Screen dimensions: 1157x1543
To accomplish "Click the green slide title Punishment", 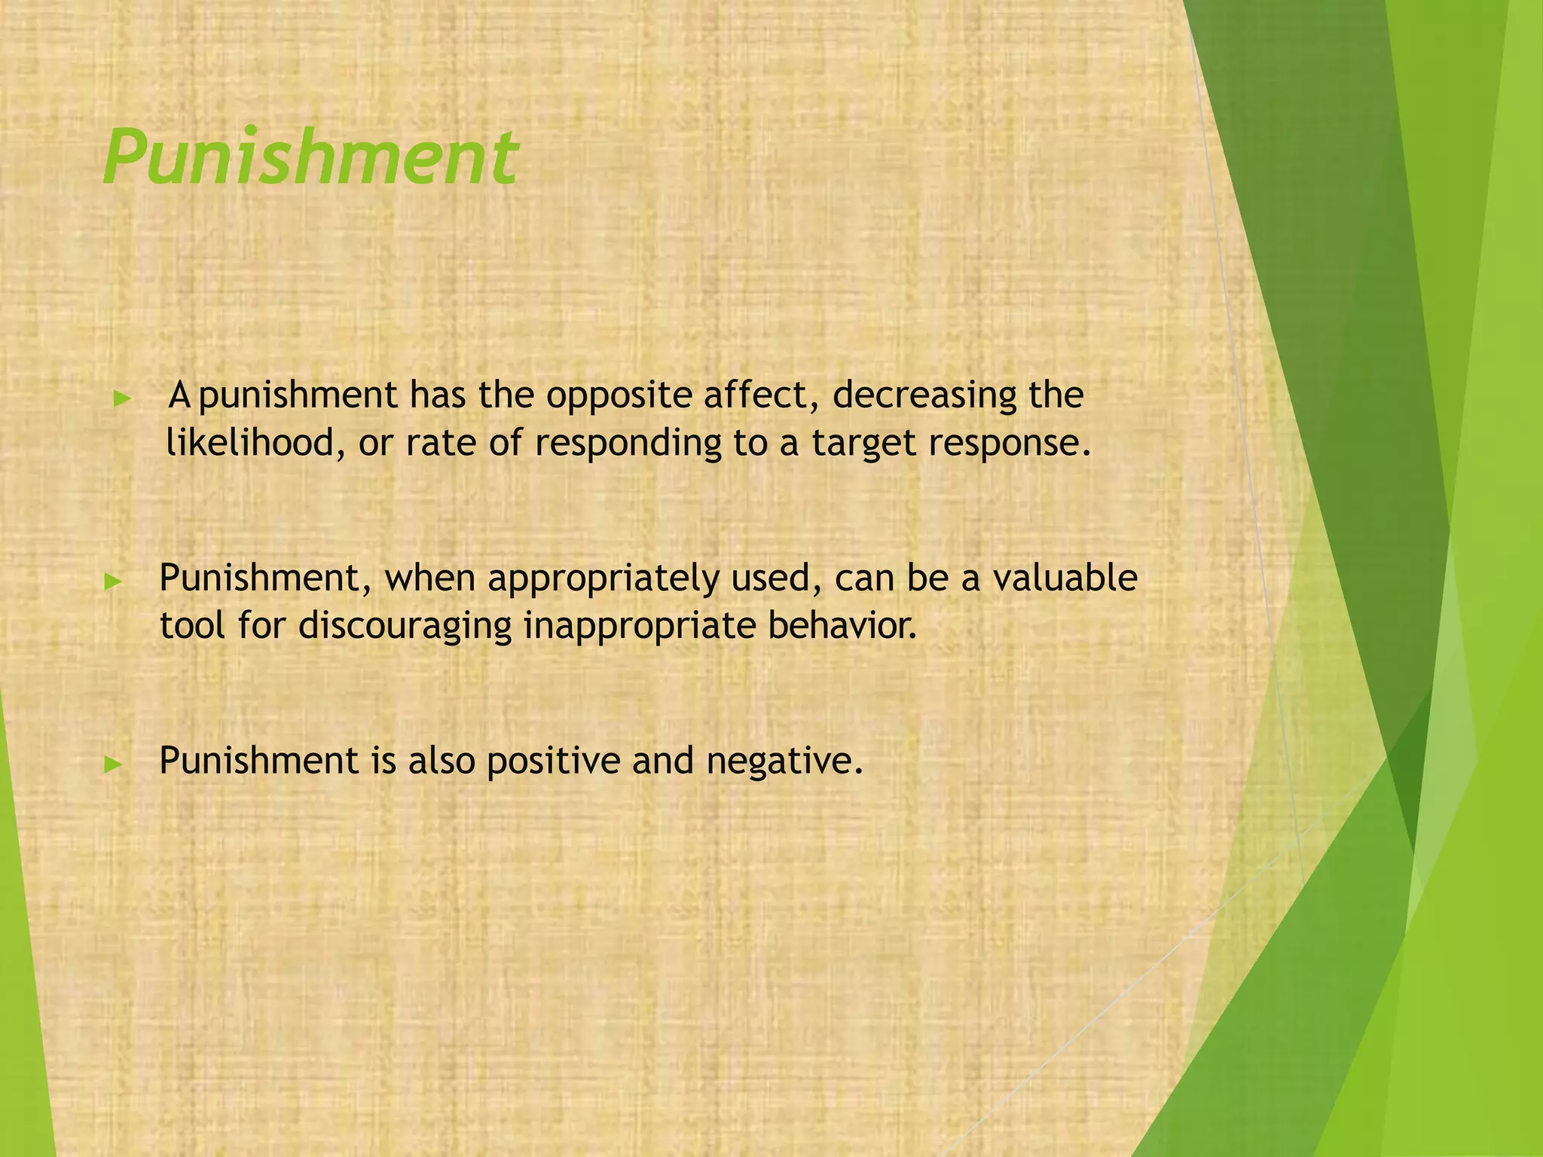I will (310, 157).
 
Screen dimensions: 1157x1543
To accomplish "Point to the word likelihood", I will (249, 442).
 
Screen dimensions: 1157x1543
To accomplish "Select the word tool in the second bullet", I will (193, 625).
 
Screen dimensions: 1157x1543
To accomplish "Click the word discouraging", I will (405, 627).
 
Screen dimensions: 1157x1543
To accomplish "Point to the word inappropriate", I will (639, 627).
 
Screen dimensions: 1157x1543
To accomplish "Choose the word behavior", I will (842, 625).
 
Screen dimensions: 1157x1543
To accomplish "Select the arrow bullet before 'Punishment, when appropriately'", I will (113, 581).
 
